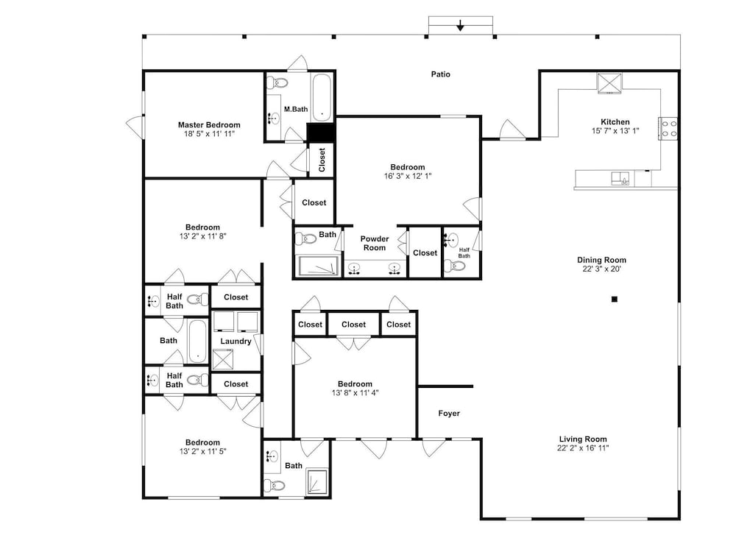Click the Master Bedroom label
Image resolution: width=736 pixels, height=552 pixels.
(x=209, y=125)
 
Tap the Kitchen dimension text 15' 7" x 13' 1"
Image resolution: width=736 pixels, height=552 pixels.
(x=615, y=131)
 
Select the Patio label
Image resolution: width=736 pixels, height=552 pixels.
(x=441, y=74)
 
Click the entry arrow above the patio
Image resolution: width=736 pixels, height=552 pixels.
(x=461, y=25)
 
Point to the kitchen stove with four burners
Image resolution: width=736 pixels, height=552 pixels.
(x=668, y=129)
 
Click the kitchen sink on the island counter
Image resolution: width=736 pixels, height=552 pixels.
(x=620, y=178)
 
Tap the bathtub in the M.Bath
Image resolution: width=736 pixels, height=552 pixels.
(x=322, y=97)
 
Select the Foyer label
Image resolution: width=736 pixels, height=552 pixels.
(x=449, y=413)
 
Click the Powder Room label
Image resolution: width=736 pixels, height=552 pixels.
(x=375, y=243)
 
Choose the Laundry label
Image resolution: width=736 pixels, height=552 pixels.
(x=236, y=342)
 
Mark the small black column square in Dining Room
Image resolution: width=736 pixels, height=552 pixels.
(x=614, y=299)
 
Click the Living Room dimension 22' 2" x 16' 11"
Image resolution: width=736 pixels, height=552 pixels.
(x=582, y=448)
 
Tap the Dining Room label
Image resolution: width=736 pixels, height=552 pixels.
(x=601, y=260)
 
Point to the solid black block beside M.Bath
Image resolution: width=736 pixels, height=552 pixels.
(x=321, y=132)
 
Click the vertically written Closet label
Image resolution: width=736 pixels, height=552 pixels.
(x=322, y=160)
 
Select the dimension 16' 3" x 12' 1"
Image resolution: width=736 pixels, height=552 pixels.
(x=408, y=176)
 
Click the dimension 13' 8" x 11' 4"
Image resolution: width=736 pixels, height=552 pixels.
(x=355, y=393)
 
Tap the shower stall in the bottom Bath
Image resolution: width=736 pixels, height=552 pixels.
(x=316, y=481)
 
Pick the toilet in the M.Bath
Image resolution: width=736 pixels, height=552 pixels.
(x=277, y=83)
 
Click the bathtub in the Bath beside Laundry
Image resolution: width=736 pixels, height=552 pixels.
(x=197, y=342)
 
